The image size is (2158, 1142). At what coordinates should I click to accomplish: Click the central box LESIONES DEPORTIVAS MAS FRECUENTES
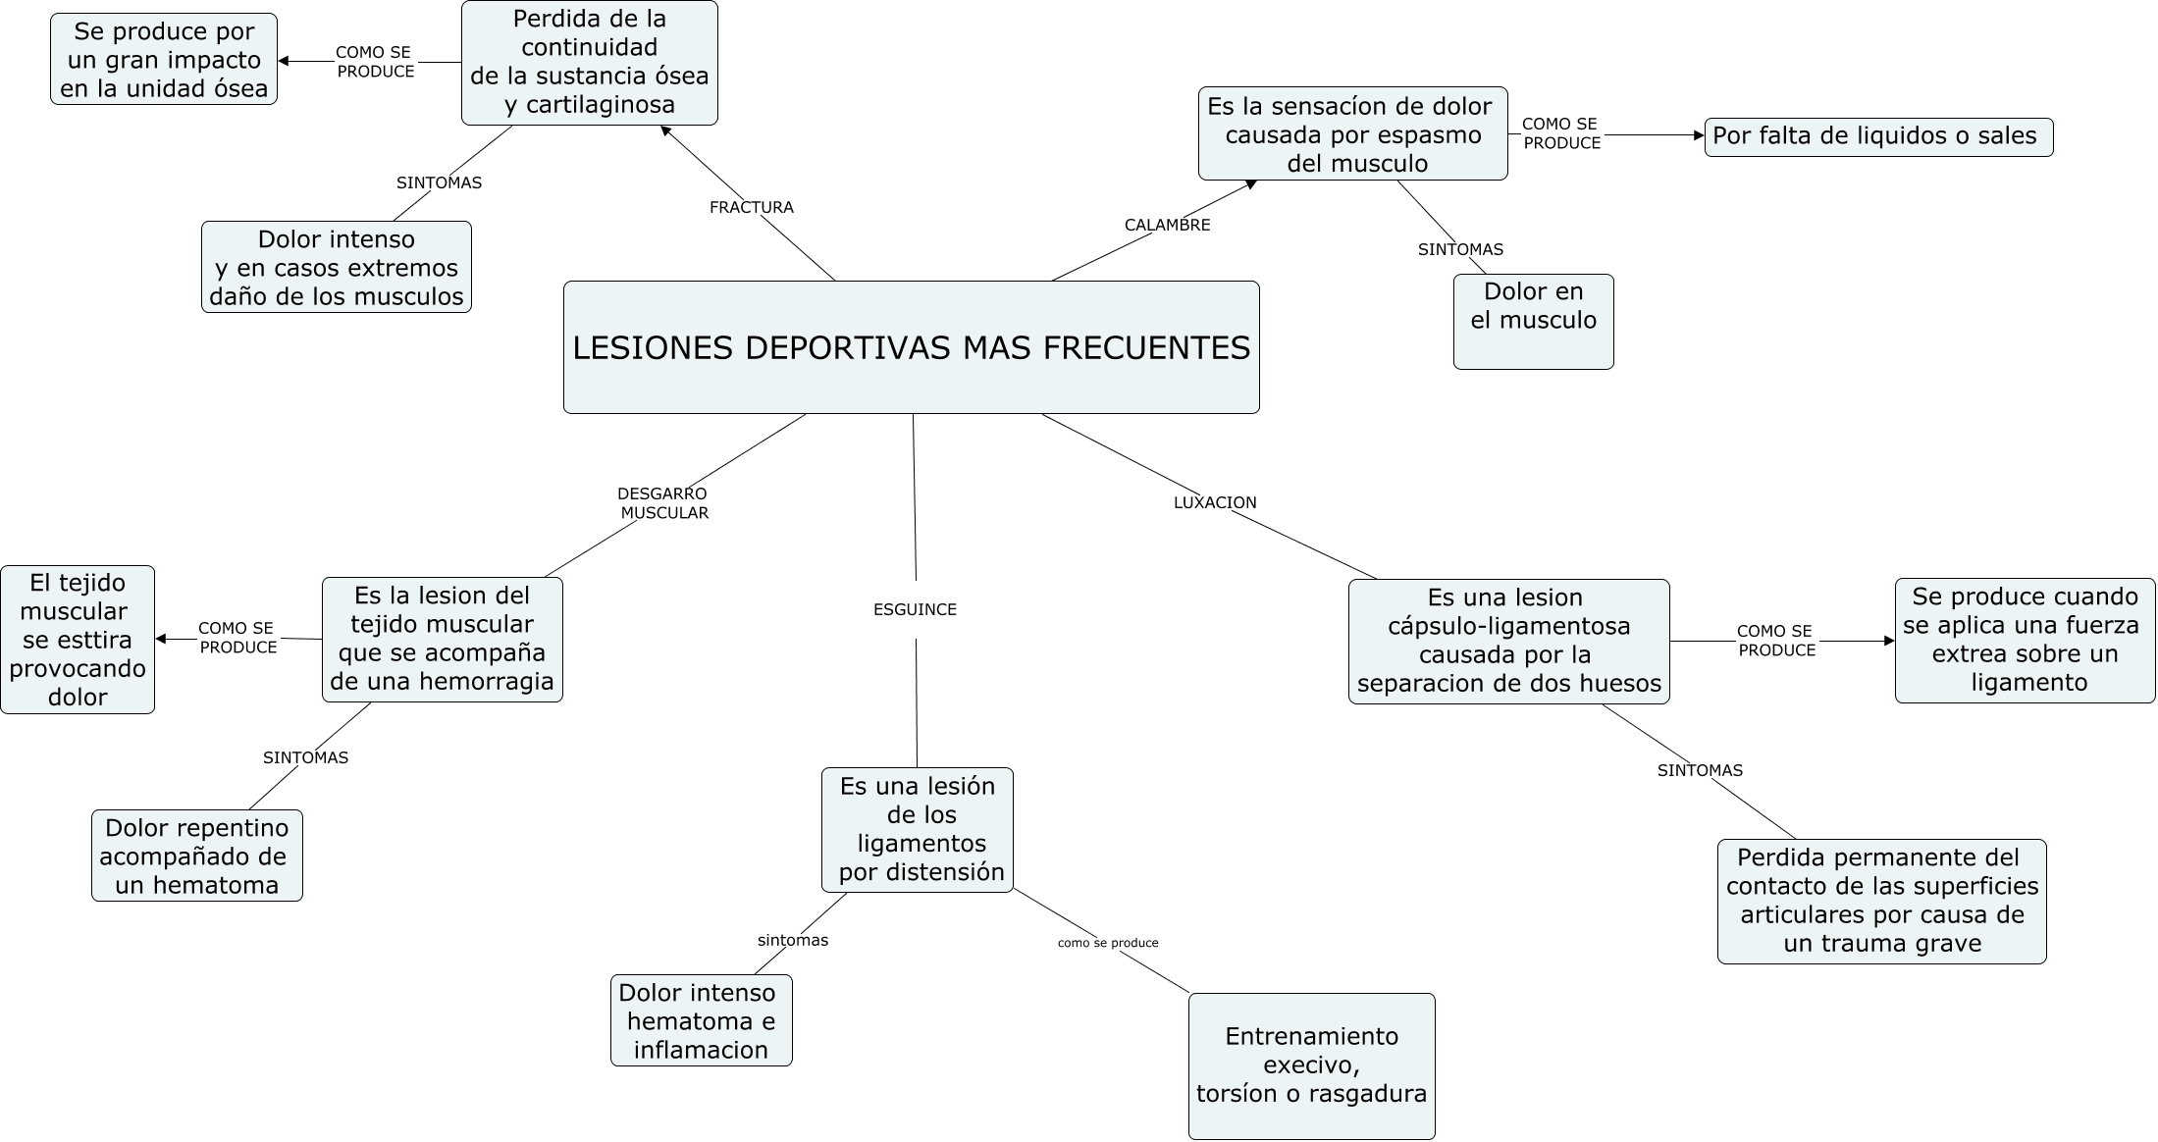coord(911,347)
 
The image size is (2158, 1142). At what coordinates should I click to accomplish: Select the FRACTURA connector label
coord(752,207)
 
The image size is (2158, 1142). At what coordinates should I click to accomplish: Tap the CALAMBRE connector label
coord(1167,225)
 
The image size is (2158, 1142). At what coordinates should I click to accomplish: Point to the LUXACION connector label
coord(1215,502)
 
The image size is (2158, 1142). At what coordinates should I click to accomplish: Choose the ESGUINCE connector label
coord(915,609)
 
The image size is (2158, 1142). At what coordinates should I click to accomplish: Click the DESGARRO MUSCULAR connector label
coord(662,503)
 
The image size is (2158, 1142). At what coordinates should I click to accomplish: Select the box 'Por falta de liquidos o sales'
coord(1878,136)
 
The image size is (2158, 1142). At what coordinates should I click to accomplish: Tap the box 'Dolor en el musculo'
coord(1533,322)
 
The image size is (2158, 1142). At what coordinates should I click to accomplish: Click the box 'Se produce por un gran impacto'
coord(164,59)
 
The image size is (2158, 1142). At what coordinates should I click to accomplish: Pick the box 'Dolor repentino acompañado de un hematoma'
coord(197,856)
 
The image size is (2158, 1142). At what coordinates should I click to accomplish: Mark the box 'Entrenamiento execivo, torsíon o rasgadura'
coord(1311,1065)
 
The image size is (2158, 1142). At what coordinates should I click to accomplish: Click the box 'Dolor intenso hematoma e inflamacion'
coord(701,1020)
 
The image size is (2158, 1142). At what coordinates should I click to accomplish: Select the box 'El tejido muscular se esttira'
coord(78,640)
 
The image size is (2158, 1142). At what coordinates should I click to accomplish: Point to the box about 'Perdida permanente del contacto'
coord(1881,901)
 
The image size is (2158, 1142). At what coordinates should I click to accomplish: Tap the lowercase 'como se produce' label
coord(1108,943)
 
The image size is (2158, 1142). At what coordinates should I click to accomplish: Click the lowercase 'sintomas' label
coord(793,940)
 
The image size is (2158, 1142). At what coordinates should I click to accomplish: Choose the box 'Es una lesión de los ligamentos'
coord(917,829)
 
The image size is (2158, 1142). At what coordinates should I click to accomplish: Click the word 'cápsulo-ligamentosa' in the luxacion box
coord(1508,626)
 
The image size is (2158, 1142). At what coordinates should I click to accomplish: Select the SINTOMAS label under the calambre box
coord(1460,249)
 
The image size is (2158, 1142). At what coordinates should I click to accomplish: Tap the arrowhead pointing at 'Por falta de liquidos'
coord(1699,135)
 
